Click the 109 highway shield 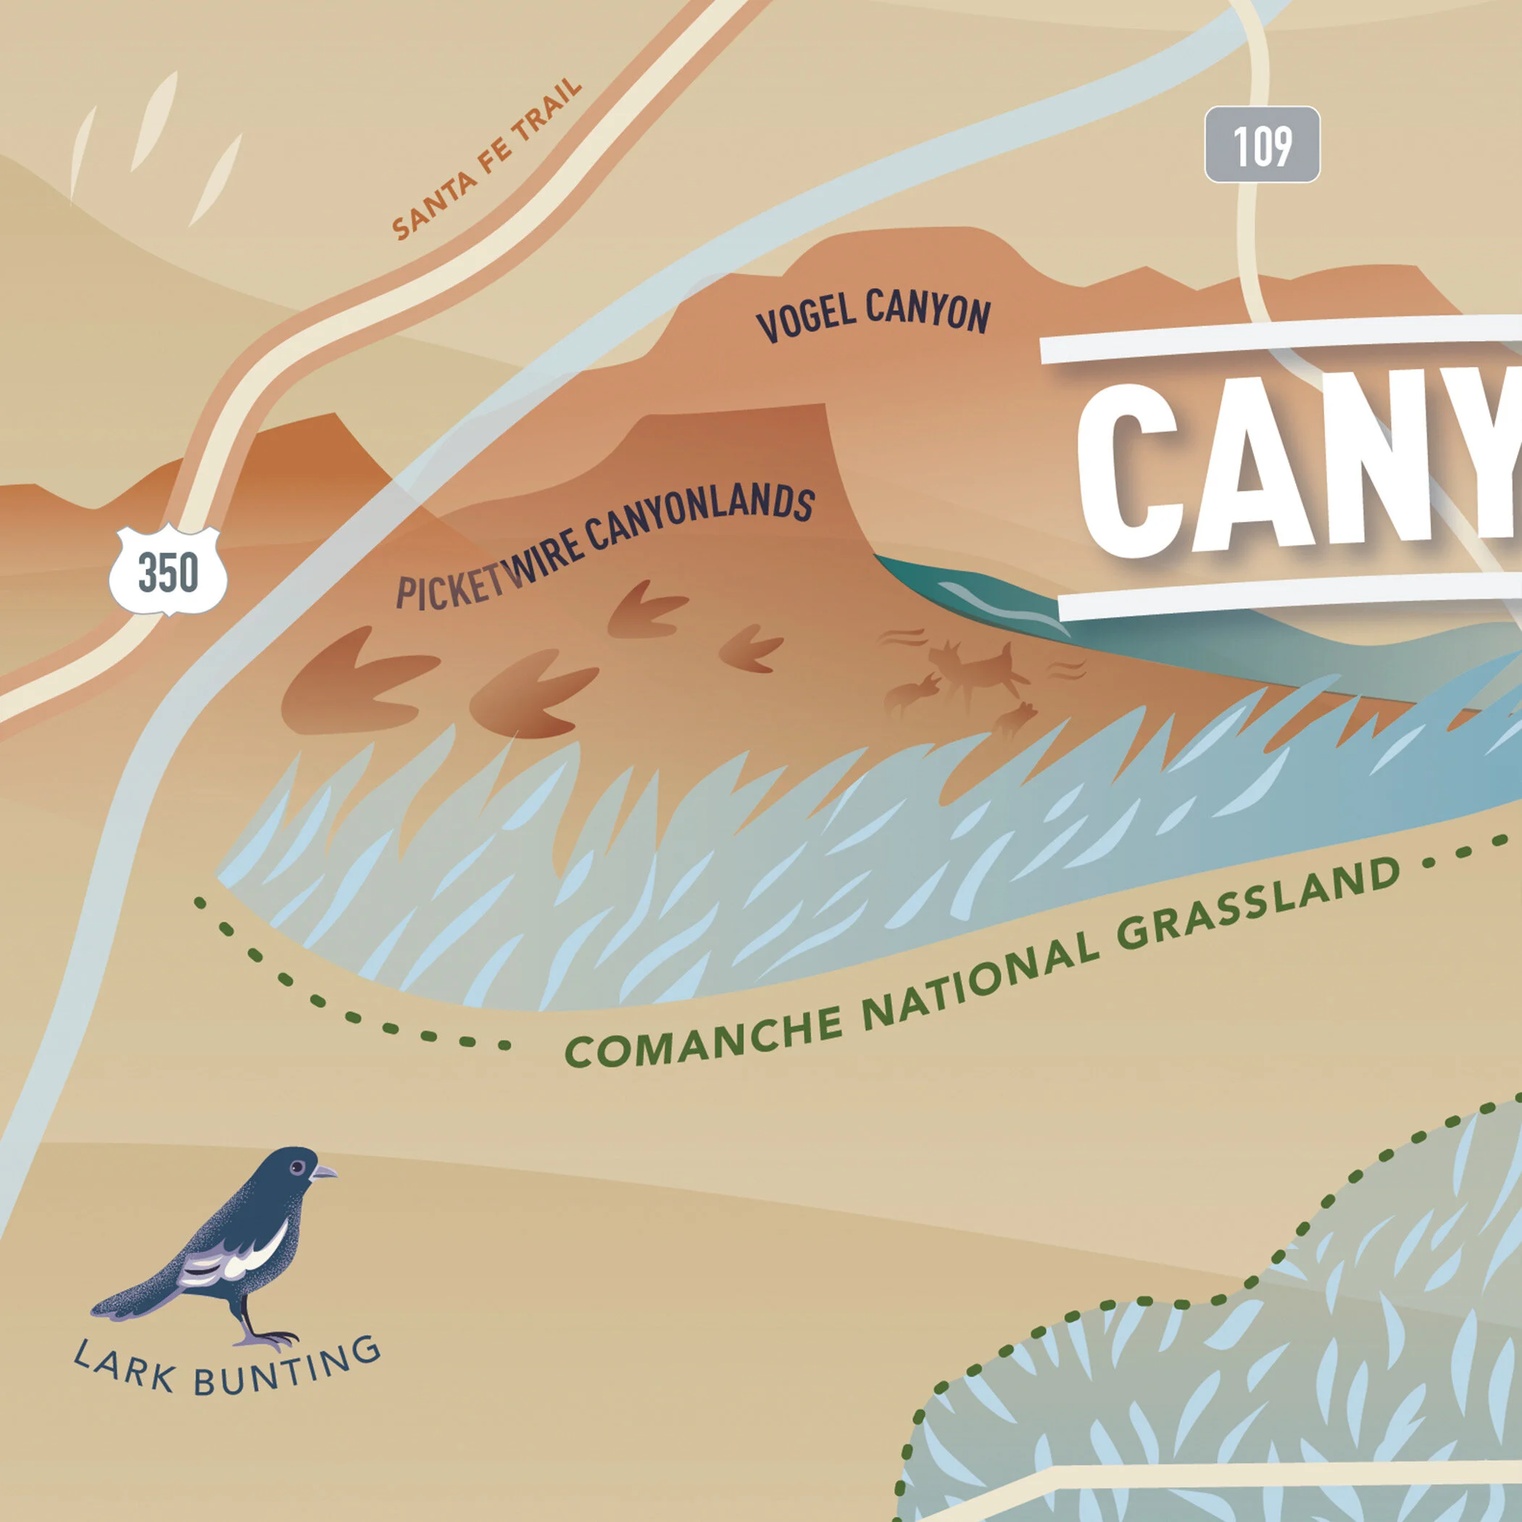coord(1262,145)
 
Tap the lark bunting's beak coord(324,1173)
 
